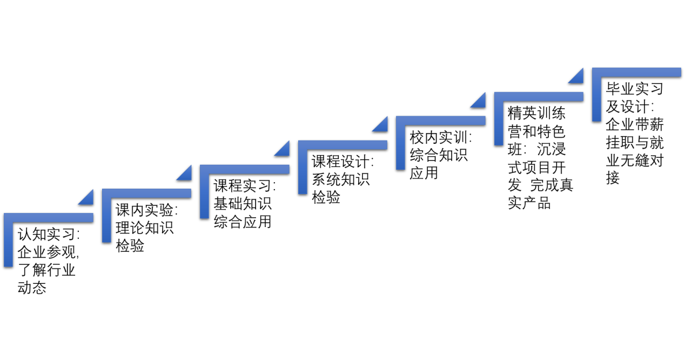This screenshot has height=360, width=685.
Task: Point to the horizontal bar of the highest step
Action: [637, 72]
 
